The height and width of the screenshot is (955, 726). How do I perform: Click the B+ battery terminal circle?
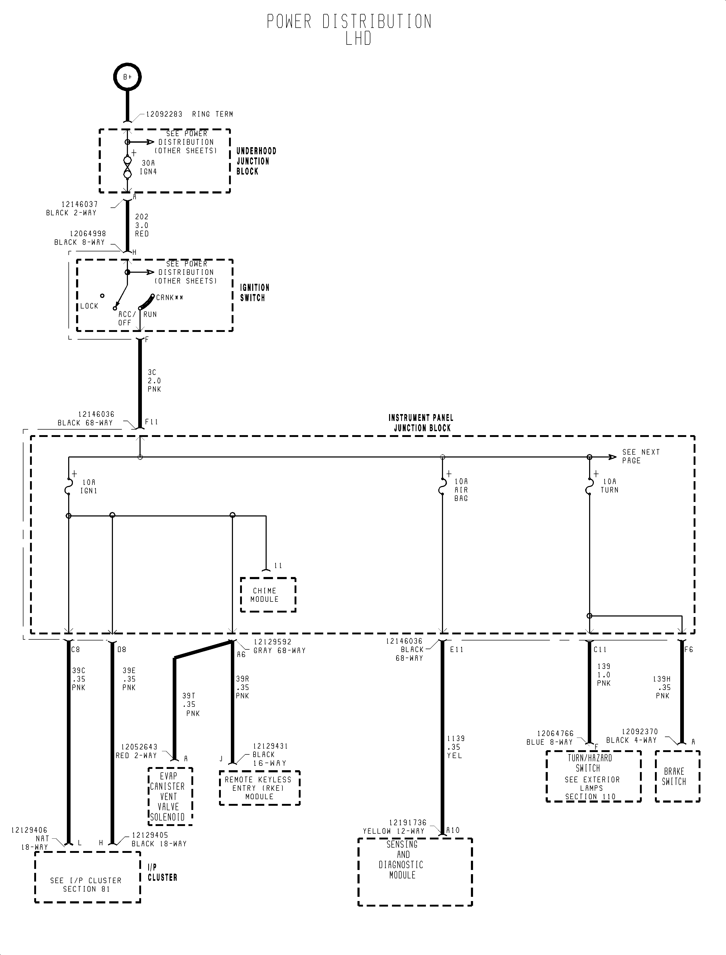click(127, 77)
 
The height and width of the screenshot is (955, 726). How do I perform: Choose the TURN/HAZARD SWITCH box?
click(593, 777)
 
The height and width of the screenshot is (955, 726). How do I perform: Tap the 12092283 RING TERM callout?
click(189, 114)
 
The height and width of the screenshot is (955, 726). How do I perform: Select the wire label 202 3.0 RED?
click(142, 225)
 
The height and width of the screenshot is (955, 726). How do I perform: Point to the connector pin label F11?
click(152, 422)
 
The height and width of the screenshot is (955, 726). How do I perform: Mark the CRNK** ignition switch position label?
click(170, 297)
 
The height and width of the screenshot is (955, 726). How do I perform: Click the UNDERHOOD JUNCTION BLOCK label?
click(256, 161)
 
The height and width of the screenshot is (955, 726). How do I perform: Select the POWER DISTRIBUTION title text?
click(349, 22)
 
